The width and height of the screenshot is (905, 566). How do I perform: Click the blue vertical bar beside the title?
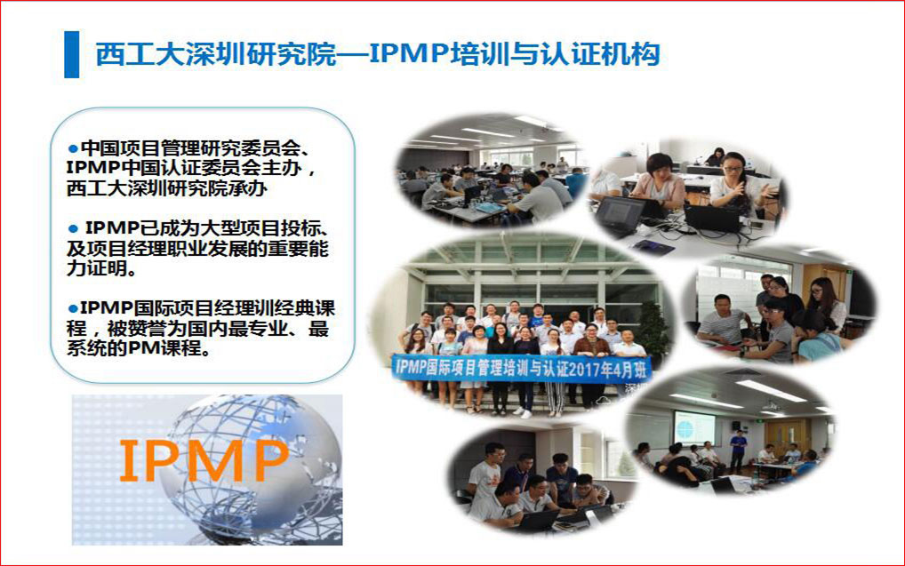[x=72, y=54]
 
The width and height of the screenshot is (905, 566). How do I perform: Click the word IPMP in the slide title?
[x=409, y=54]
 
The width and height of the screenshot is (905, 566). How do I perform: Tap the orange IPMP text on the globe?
[x=204, y=460]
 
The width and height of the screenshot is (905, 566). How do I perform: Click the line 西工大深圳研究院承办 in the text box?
[x=167, y=188]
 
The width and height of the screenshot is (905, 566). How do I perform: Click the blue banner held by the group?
[x=521, y=368]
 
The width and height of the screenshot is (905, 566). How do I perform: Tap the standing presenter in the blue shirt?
[x=738, y=448]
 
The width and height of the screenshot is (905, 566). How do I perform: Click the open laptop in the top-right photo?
[x=713, y=218]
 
